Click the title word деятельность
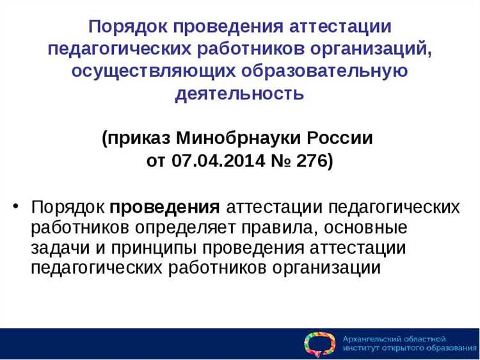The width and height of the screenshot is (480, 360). [x=239, y=94]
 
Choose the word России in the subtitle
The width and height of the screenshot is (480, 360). [x=343, y=138]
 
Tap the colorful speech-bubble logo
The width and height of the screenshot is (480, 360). [x=319, y=344]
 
